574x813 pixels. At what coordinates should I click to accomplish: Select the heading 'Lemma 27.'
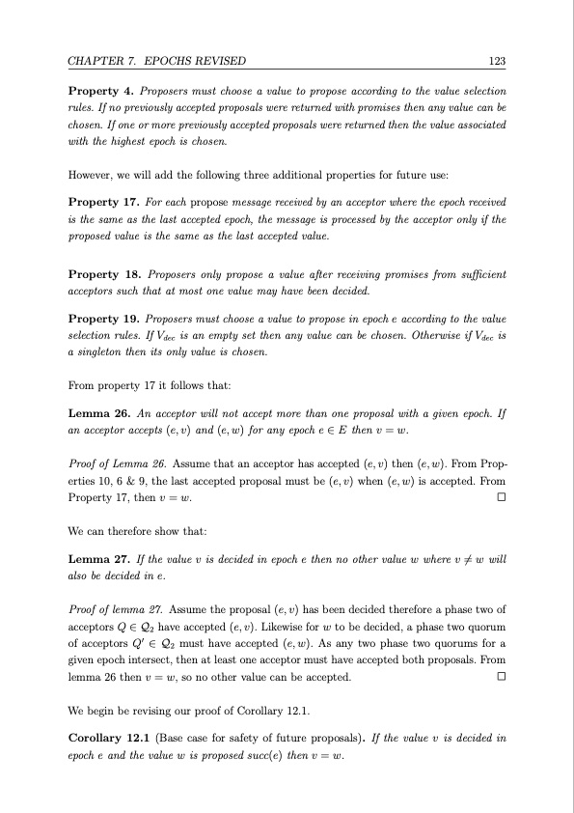(x=97, y=532)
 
